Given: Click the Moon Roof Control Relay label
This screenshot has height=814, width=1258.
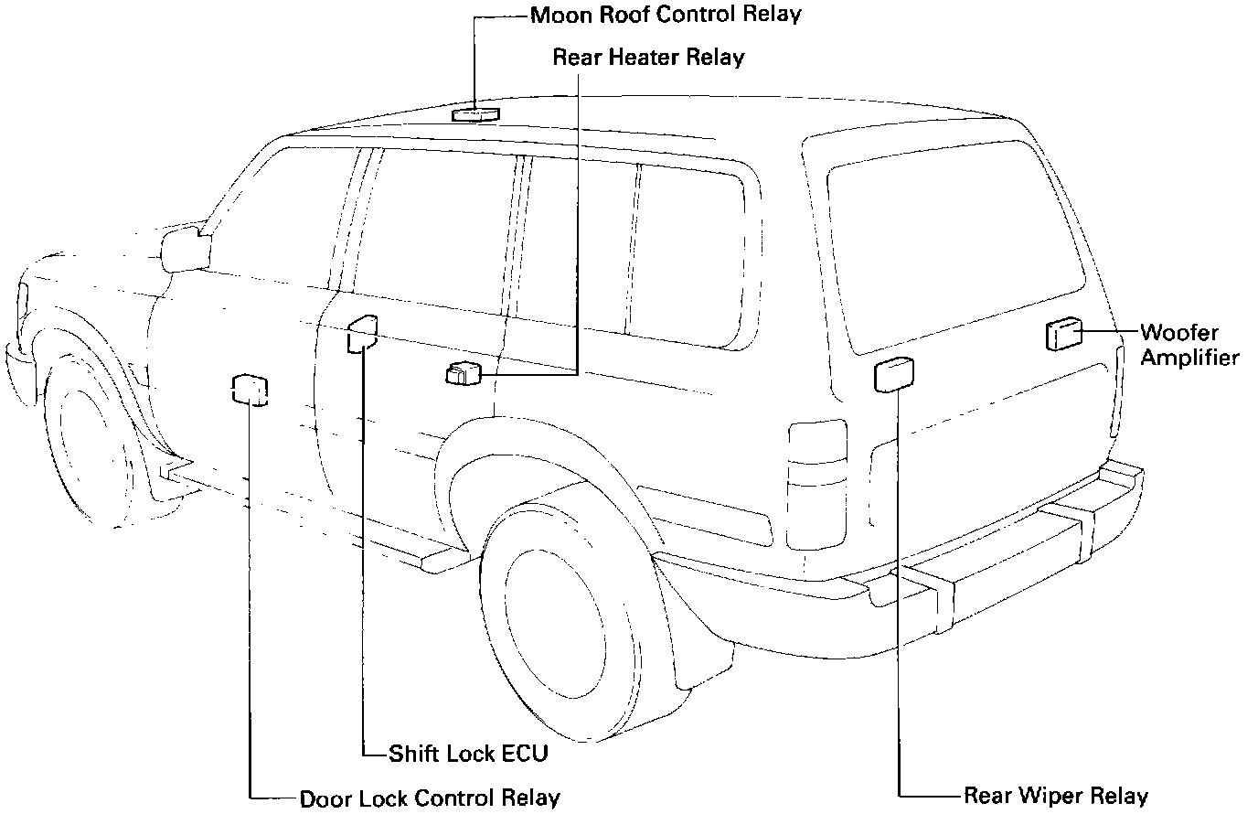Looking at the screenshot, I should tap(666, 15).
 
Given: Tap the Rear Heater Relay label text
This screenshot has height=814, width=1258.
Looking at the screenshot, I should tap(648, 58).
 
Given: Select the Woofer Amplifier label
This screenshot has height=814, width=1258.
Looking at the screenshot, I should tap(1189, 345).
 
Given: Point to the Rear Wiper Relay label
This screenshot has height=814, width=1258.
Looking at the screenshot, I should tap(1056, 796).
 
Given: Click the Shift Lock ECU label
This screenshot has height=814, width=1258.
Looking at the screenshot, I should tap(468, 754).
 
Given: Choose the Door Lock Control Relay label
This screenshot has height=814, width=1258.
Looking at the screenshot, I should tap(430, 798).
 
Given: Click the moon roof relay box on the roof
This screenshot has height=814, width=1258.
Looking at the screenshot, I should tap(475, 113).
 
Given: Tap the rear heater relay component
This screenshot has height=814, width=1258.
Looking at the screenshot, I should tap(464, 373).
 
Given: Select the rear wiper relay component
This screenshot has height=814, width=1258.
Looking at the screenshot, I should tap(893, 374).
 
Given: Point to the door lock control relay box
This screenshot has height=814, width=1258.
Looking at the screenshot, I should tap(250, 389).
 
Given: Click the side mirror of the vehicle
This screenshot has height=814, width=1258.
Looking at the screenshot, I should tap(184, 249).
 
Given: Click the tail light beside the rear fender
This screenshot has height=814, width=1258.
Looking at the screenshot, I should tap(816, 484).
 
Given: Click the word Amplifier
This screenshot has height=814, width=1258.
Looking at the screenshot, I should tap(1189, 358).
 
